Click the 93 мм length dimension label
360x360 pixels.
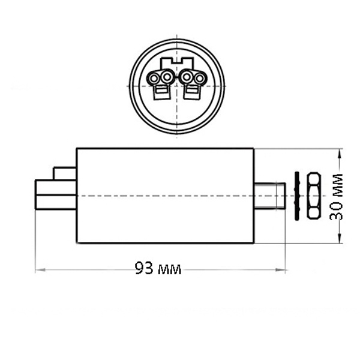pyautogui.click(x=158, y=268)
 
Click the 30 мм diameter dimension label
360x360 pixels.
pyautogui.click(x=336, y=197)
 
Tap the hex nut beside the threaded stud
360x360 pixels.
pyautogui.click(x=313, y=196)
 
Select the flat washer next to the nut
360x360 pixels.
pyautogui.click(x=298, y=196)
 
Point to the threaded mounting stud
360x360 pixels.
pyautogui.click(x=270, y=196)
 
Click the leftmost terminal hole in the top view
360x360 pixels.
pyautogui.click(x=154, y=79)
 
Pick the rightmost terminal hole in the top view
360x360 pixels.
pyautogui.click(x=200, y=79)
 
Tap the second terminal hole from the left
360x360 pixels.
pyautogui.click(x=166, y=77)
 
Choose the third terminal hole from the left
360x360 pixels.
pyautogui.click(x=187, y=77)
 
